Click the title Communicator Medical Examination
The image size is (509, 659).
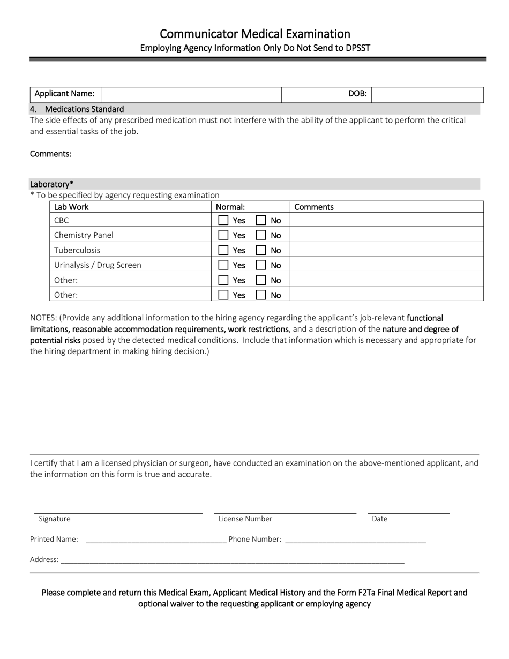[x=254, y=34]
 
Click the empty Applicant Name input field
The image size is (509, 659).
[x=191, y=94]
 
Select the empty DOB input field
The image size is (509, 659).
[x=427, y=94]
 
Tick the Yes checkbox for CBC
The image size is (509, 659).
[x=223, y=220]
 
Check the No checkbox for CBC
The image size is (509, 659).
[x=261, y=220]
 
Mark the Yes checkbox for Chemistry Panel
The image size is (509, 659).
[x=223, y=235]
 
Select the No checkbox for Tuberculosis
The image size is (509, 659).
[x=261, y=250]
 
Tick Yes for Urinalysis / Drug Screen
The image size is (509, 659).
[x=223, y=265]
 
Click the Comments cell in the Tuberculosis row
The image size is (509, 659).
[x=386, y=250]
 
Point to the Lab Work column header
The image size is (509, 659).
[x=71, y=207]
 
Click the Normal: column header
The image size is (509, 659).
[x=230, y=207]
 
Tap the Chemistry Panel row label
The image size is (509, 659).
[x=84, y=235]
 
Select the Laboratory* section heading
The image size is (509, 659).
[x=52, y=184]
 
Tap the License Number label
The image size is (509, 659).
[x=245, y=519]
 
